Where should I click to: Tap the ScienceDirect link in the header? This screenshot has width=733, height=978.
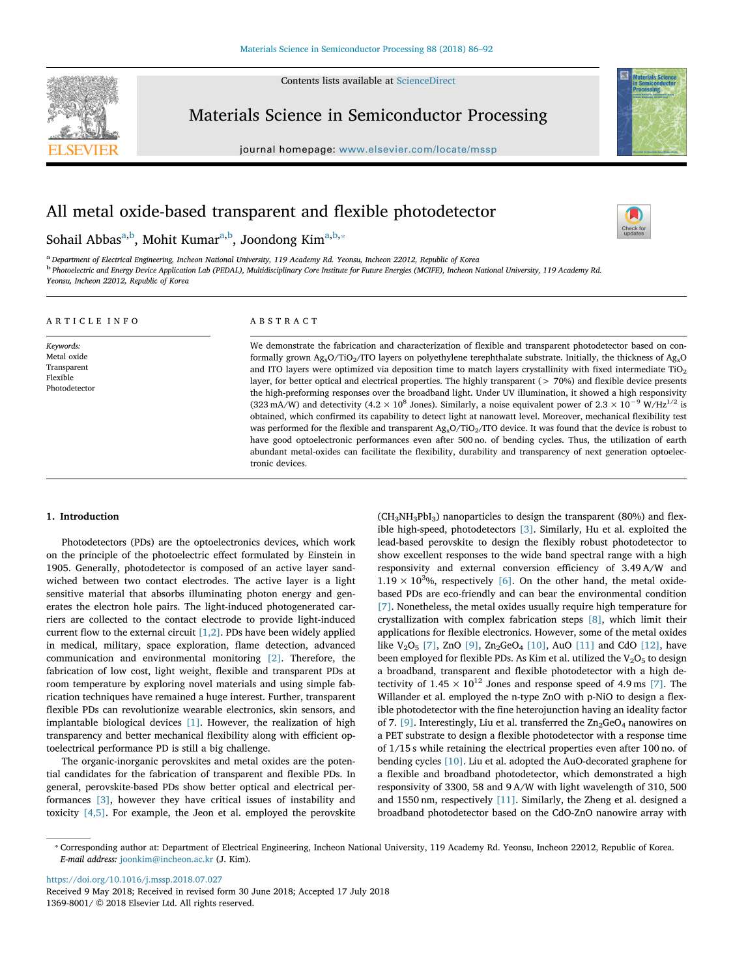click(x=425, y=81)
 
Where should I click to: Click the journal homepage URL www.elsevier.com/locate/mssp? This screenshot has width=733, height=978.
click(x=418, y=149)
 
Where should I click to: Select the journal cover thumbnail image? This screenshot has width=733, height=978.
click(x=651, y=111)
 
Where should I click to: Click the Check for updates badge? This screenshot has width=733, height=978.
click(x=633, y=222)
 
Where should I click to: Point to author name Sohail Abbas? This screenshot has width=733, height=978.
click(x=83, y=239)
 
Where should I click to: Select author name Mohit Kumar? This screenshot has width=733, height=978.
click(x=180, y=239)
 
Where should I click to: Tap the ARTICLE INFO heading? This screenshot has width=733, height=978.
click(x=93, y=321)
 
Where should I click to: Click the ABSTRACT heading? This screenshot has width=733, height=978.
click(x=284, y=321)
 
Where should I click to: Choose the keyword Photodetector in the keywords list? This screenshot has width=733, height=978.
click(x=70, y=389)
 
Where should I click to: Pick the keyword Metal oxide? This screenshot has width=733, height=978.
click(x=66, y=357)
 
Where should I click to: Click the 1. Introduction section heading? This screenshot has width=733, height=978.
click(x=83, y=516)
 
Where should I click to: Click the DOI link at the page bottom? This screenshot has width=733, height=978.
click(x=134, y=880)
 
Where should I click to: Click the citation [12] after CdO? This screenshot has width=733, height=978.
click(x=650, y=645)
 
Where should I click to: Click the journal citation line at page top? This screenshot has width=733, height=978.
click(x=366, y=50)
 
